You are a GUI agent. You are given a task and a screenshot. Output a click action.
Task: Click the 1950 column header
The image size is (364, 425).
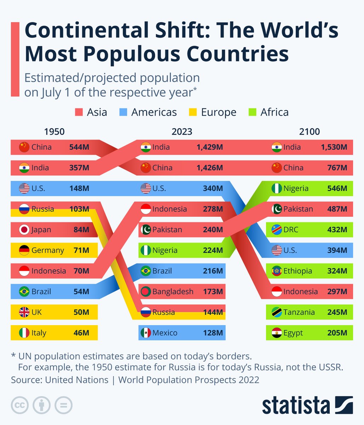point(54,132)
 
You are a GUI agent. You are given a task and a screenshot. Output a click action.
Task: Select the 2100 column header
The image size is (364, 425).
point(309,132)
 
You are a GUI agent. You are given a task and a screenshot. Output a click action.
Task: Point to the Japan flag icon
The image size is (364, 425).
point(24,229)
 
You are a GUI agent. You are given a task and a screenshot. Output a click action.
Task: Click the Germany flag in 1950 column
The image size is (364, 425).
point(24,250)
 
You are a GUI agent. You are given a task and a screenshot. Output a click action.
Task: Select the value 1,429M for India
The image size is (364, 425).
point(210,147)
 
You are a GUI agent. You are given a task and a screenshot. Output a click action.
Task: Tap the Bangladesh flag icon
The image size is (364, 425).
point(146,291)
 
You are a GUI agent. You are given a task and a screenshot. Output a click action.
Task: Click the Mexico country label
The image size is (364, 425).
point(165,333)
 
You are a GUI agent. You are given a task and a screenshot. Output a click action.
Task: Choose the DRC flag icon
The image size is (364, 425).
point(277,229)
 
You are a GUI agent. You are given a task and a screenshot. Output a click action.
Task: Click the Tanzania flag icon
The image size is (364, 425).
point(277,312)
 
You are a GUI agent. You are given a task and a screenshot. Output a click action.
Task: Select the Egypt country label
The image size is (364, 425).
point(293,333)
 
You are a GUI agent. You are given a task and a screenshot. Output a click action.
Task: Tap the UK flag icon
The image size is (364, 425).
point(24,312)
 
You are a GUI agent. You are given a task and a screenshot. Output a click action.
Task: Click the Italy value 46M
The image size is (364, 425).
point(81,333)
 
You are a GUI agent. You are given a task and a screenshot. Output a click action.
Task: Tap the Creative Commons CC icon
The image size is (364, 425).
point(20,405)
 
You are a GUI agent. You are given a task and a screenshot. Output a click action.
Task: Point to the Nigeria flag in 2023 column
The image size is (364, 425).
point(146,250)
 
